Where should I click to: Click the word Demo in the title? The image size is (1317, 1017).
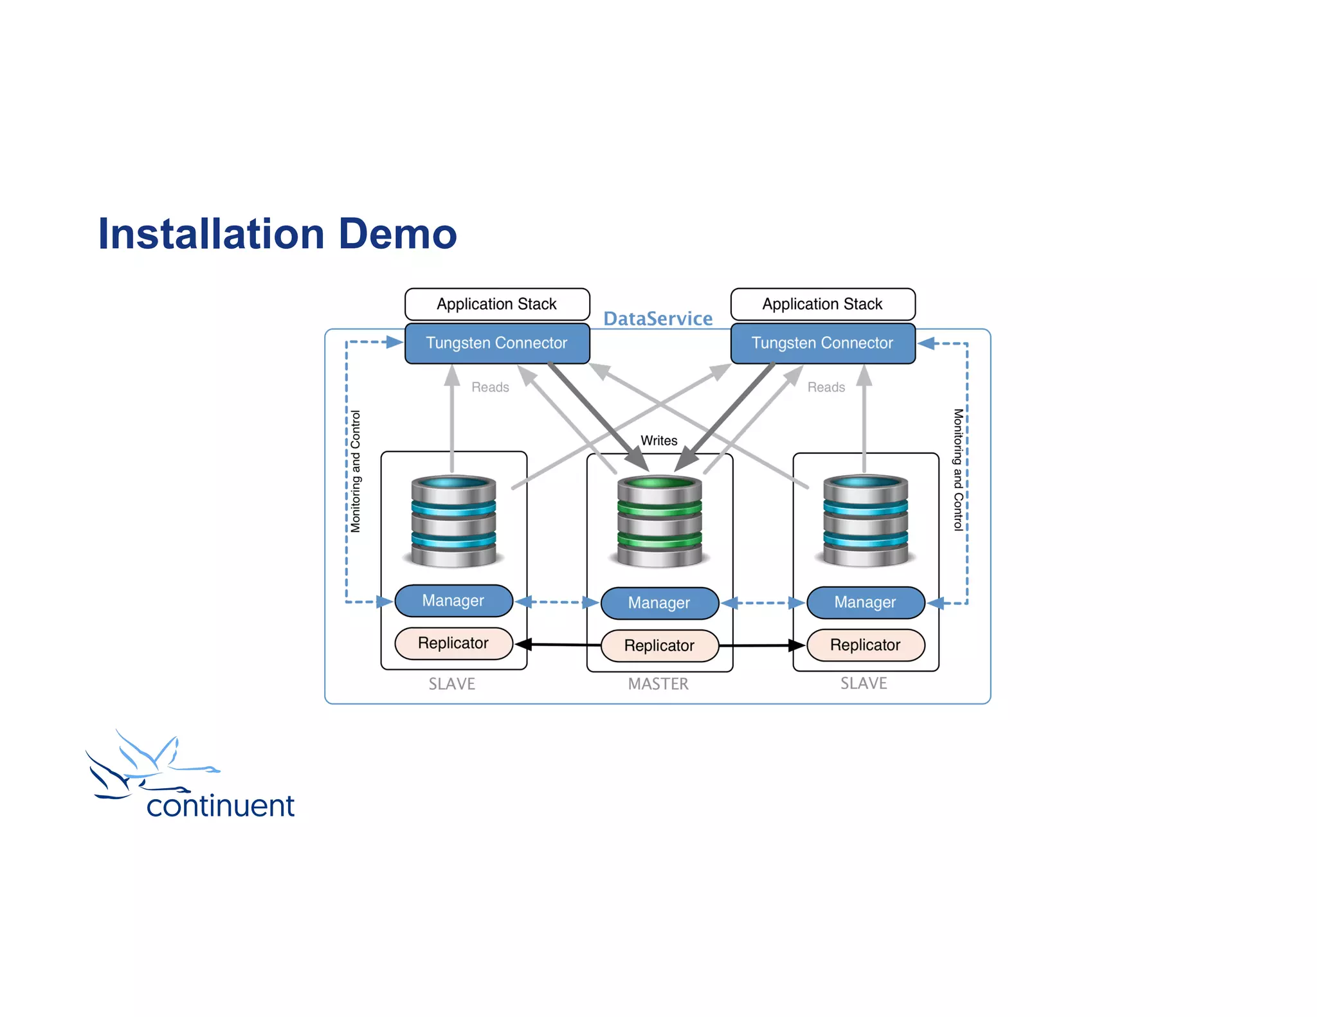(397, 234)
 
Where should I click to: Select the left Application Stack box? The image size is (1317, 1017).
(496, 304)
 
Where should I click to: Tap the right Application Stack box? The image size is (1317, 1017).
(822, 304)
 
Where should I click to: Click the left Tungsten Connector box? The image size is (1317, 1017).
(496, 343)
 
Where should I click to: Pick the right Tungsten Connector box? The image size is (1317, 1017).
(822, 343)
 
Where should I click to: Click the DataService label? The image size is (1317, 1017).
(657, 319)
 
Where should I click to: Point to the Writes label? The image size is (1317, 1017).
(658, 441)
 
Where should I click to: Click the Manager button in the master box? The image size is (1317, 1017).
(659, 603)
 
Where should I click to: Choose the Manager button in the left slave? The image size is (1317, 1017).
(453, 600)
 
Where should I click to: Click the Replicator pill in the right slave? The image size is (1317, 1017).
(865, 645)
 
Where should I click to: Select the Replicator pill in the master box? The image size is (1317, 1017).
(659, 645)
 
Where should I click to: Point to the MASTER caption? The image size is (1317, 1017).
(658, 684)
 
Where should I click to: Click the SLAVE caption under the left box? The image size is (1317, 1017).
(452, 684)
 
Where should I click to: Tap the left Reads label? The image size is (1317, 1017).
(490, 388)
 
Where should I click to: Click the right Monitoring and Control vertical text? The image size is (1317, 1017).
(958, 469)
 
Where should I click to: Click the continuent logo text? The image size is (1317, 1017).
(220, 806)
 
